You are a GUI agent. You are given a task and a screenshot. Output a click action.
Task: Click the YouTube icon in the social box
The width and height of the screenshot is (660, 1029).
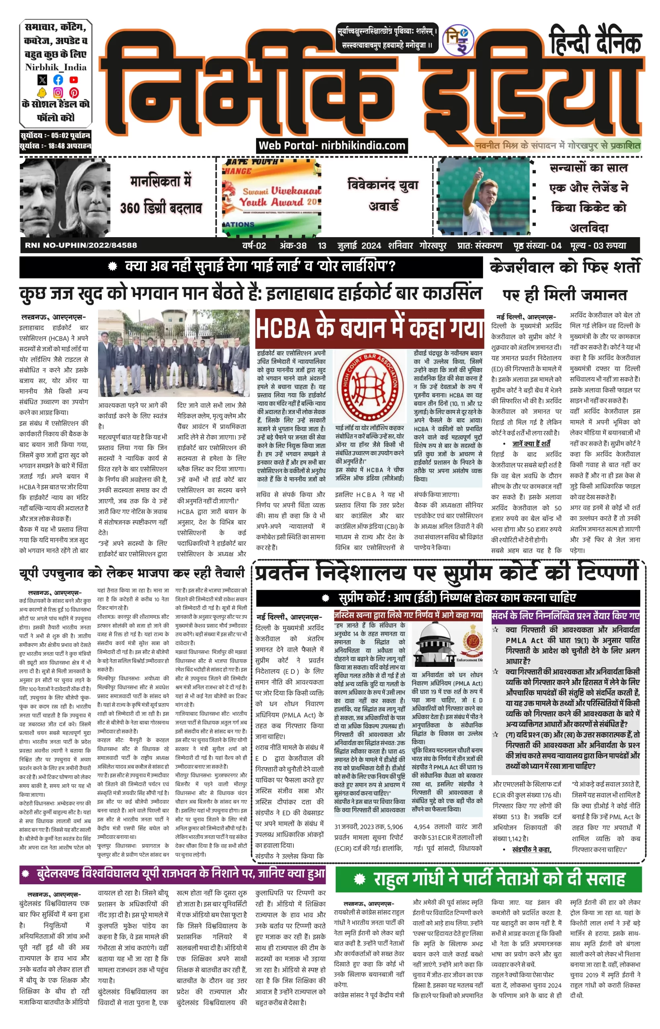[74, 80]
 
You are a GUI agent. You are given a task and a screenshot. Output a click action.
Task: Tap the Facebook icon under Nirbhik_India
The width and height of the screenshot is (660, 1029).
[58, 80]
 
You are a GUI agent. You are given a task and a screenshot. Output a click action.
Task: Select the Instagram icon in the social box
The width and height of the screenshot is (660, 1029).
[58, 92]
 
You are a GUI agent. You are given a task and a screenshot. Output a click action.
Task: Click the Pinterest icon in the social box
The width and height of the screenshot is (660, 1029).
[74, 92]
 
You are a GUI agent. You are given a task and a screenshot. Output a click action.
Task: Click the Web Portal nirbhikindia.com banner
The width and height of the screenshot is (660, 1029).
[332, 146]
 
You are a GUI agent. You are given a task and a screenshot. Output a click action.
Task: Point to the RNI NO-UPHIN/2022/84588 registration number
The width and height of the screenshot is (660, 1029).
[81, 246]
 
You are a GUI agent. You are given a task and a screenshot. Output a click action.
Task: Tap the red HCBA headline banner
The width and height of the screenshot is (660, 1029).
[369, 329]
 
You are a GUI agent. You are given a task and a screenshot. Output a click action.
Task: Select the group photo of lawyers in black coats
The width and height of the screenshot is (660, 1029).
[174, 353]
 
